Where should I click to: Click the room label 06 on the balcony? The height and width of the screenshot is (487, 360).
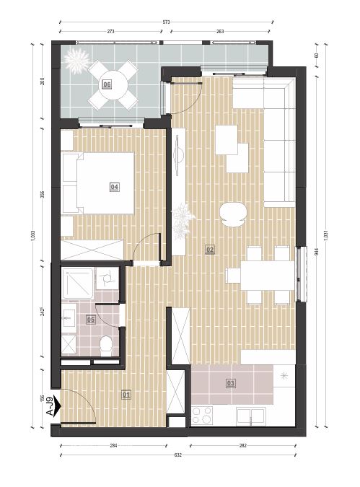pos(107,84)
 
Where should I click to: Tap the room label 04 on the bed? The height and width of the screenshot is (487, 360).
pos(114,187)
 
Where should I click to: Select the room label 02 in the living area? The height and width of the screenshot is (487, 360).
pos(210,250)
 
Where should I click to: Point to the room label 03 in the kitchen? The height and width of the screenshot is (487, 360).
pos(230,383)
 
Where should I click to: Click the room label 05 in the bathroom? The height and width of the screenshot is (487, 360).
pos(91,320)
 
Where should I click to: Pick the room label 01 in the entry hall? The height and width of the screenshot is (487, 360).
pos(126,395)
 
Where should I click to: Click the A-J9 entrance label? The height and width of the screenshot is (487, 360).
pos(49,406)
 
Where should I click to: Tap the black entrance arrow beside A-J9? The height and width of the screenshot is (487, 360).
pos(57,406)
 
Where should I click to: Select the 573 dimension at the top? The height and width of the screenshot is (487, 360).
pos(167,22)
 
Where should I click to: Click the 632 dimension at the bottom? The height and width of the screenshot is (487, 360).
pos(177,455)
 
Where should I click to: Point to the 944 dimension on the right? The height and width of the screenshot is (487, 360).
pos(317,252)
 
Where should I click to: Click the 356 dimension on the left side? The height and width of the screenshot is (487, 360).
pos(43,194)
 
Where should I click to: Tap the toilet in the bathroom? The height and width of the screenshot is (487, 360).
pos(106,346)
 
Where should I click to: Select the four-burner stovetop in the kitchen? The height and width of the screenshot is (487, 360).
pos(202,416)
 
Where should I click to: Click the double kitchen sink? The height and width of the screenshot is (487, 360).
pos(250,416)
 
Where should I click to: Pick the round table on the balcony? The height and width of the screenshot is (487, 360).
pos(113,85)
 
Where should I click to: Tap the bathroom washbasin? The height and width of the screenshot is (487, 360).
pos(69,317)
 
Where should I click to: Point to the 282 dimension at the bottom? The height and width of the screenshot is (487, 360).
pos(243,445)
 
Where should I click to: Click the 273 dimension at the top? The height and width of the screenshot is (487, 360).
pos(110,31)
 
